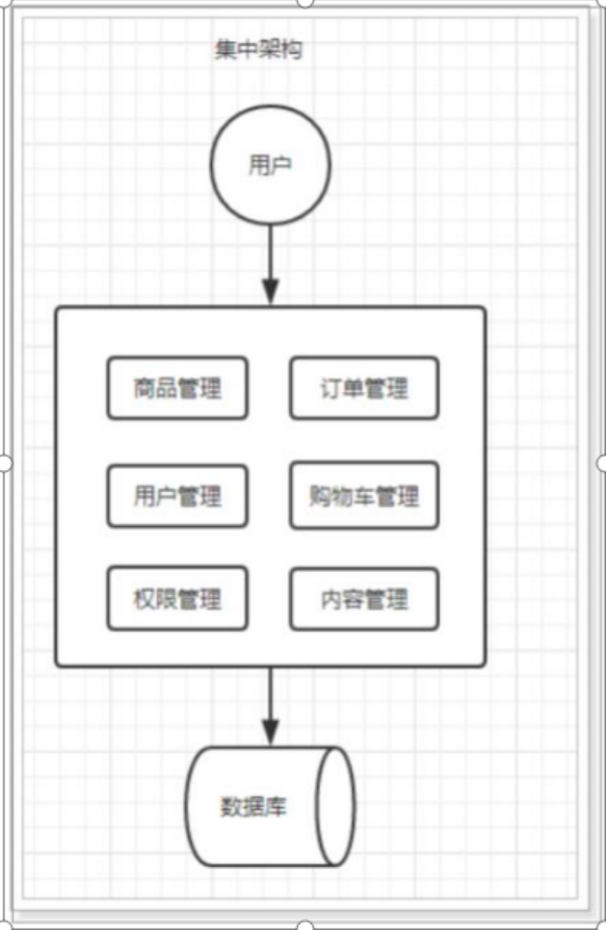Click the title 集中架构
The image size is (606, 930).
258,51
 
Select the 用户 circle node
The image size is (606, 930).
270,166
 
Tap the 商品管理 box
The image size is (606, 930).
177,388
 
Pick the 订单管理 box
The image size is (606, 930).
364,388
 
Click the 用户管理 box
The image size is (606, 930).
177,496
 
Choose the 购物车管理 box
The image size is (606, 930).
364,496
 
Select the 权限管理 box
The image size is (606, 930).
177,598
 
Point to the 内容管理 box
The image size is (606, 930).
364,598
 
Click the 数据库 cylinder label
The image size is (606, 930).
253,807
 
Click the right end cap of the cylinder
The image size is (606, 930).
336,806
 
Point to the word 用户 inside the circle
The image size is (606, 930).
269,166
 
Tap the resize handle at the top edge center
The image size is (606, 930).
305,2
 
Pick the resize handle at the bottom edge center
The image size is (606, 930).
305,926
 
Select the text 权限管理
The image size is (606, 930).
177,598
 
